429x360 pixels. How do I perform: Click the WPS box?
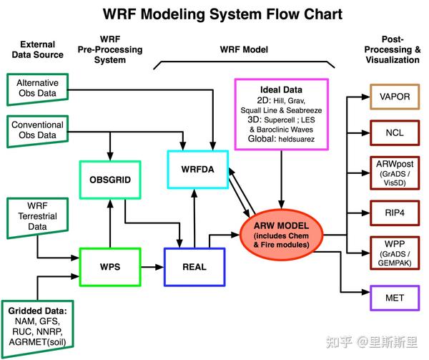[109, 266]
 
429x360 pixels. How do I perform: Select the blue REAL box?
[194, 266]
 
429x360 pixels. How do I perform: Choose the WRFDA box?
[197, 170]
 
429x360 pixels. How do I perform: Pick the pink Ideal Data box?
[281, 113]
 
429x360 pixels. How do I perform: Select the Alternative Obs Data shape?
[36, 88]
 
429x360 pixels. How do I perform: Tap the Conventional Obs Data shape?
[36, 130]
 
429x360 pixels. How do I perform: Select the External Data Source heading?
[37, 50]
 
